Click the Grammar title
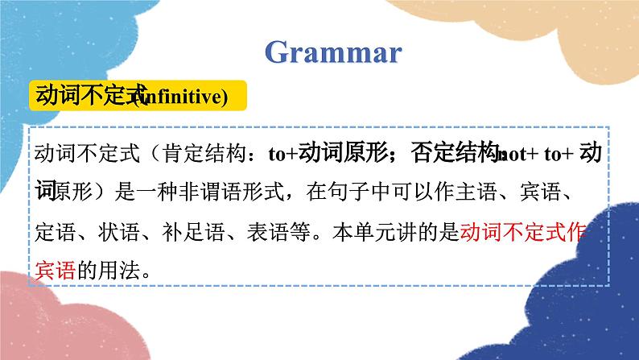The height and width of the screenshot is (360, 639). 332,53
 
